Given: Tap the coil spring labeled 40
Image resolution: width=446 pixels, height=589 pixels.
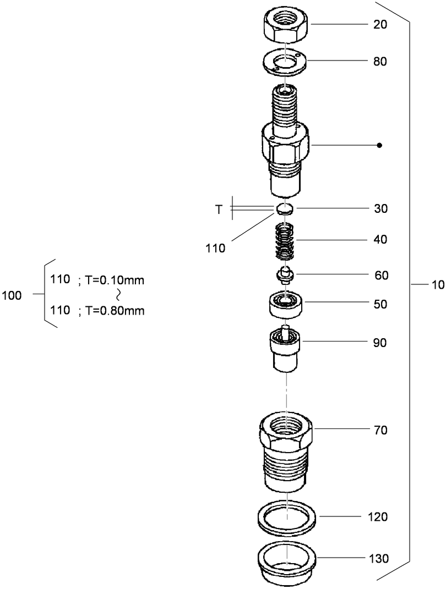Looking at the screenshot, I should [x=285, y=241].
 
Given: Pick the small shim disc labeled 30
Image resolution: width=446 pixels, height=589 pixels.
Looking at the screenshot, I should [x=285, y=208].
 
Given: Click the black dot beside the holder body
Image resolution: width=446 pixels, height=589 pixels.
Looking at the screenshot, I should [x=379, y=146].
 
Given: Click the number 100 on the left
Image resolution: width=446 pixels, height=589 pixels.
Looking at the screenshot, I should [x=12, y=295].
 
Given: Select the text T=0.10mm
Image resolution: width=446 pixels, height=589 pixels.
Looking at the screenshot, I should [x=115, y=280].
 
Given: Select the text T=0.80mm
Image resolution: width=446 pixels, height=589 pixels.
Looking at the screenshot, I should [x=115, y=311].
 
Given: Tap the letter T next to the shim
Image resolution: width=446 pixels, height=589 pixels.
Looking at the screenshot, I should [x=219, y=210].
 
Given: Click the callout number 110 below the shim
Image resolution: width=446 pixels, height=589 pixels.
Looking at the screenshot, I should [x=215, y=248].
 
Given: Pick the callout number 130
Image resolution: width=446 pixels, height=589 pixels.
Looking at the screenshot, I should [x=378, y=559].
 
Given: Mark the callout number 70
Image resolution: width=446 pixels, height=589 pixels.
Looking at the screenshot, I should [x=380, y=430].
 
